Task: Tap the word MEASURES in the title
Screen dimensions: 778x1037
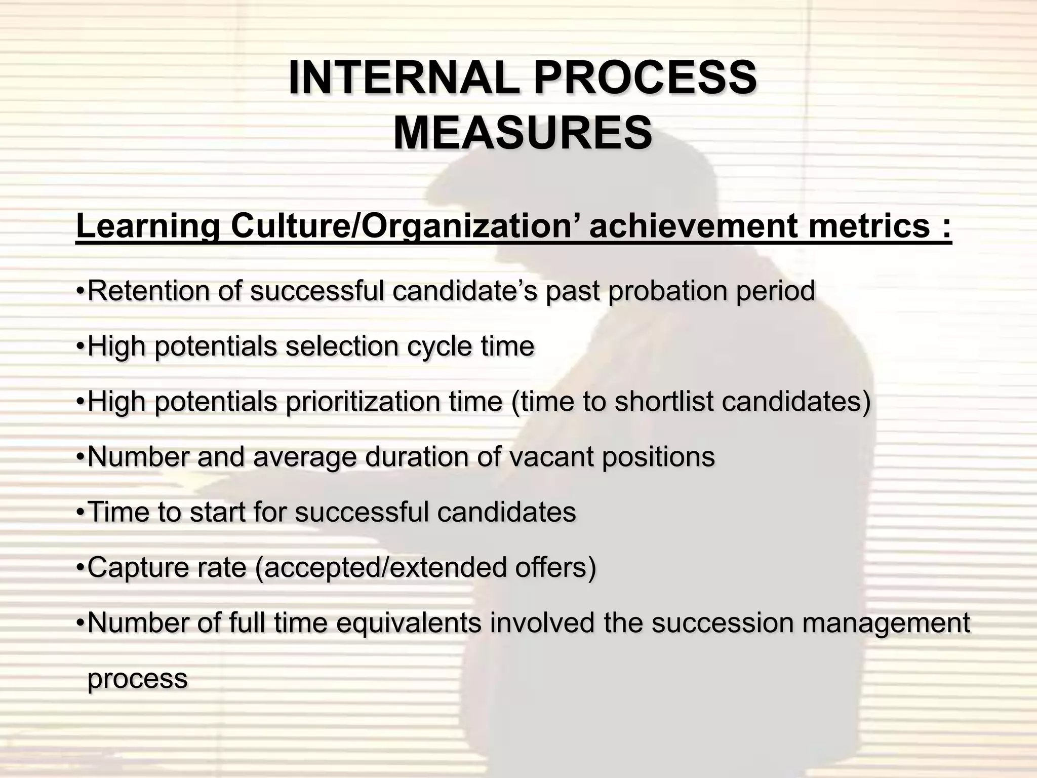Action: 522,133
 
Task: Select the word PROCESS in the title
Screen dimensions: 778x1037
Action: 645,78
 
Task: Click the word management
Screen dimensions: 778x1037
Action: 886,624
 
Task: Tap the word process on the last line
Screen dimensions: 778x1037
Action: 137,679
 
